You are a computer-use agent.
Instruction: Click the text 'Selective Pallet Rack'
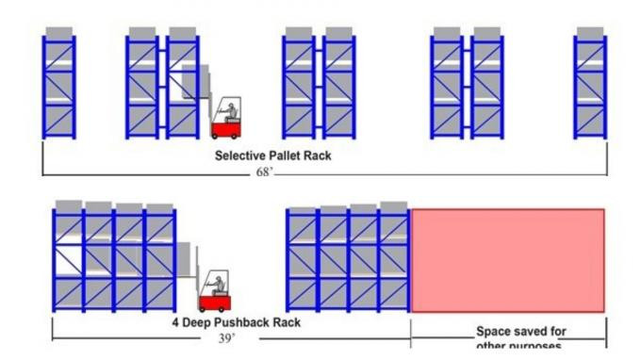tap(272, 155)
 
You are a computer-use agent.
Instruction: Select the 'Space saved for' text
tap(520, 332)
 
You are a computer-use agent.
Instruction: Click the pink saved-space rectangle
tap(507, 260)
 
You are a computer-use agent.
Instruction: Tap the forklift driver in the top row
tap(227, 106)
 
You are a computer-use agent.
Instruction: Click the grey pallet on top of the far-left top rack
tap(58, 33)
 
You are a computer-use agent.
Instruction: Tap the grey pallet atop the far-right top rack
tap(591, 33)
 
